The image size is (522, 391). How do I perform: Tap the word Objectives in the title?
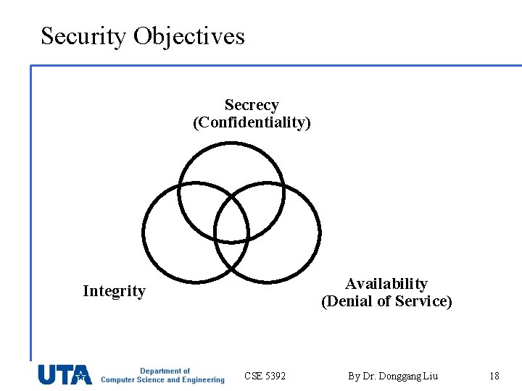189,35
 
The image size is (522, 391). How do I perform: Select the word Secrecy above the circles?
252,105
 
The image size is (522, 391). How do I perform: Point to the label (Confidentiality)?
252,122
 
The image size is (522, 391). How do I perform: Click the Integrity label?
114,291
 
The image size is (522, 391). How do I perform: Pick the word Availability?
386,284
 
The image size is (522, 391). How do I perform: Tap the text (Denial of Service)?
386,301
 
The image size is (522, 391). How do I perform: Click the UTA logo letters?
65,374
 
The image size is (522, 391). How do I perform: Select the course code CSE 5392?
265,376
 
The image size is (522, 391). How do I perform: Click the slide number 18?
494,376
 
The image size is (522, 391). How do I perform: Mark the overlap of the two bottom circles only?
231,257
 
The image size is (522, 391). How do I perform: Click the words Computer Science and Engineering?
162,380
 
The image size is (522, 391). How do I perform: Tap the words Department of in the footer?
165,371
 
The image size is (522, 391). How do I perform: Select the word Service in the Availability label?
423,301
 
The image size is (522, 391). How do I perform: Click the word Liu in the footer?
431,376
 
